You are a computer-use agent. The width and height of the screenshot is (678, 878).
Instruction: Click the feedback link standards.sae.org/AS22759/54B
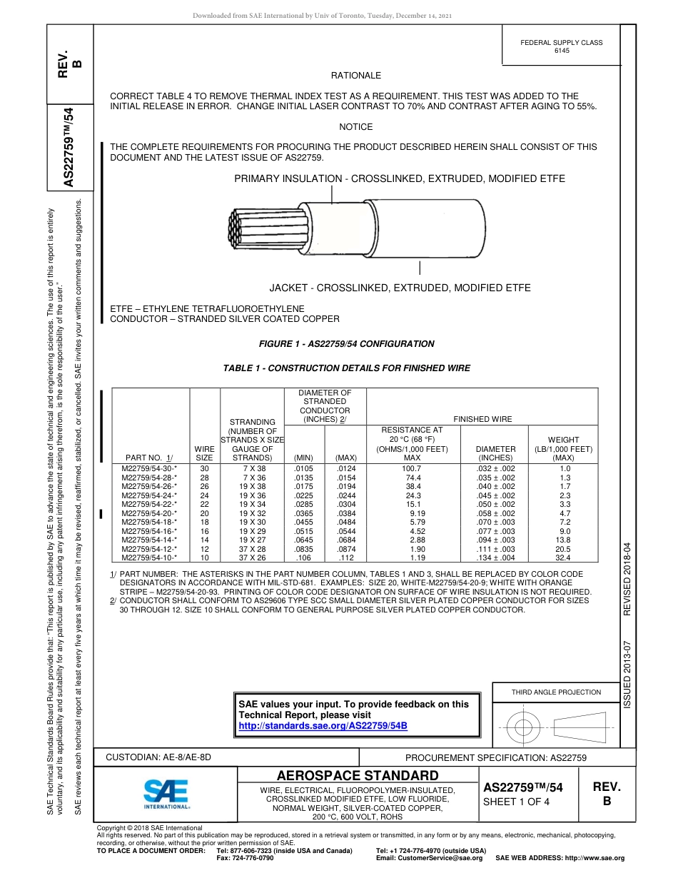coord(323,725)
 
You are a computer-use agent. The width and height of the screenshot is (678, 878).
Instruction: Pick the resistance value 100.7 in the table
coord(413,468)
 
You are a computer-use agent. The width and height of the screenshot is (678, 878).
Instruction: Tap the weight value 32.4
coord(563,557)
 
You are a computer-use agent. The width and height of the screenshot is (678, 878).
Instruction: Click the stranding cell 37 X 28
coord(253,549)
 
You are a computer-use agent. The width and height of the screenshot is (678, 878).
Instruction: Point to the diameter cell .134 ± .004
coord(495,557)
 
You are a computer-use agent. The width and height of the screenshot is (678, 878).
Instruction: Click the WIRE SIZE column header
coord(204,453)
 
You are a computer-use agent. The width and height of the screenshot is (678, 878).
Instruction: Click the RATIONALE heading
coord(356,76)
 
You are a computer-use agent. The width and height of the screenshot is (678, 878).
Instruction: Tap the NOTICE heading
coord(356,127)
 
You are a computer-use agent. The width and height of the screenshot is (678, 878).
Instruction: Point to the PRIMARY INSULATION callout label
coord(399,178)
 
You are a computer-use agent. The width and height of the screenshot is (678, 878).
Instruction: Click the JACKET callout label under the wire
coord(400,288)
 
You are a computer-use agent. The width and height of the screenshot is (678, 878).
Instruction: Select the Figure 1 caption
coord(346,344)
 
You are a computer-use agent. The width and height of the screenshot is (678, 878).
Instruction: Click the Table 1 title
coord(347,368)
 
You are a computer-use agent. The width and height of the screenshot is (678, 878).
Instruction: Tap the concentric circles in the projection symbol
coord(524,727)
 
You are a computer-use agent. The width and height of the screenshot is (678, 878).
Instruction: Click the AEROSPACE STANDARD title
coord(358,776)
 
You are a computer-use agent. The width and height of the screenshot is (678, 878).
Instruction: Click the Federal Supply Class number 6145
coord(562,51)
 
